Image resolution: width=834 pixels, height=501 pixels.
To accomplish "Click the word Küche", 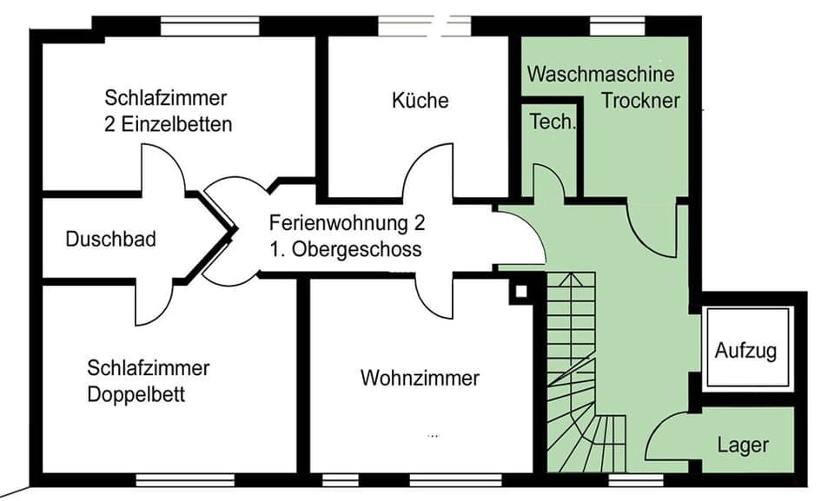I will pos(420,101).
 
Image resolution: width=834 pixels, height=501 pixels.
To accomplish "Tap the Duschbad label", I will pos(111,239).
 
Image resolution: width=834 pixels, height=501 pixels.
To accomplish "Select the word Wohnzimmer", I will pos(420,379).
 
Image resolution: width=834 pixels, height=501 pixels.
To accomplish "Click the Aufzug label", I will pos(745,352).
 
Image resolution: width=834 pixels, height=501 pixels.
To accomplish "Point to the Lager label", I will pos(743,445).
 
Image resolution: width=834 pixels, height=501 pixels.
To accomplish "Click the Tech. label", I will pos(553,122).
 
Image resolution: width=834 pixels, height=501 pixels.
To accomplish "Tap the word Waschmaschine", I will pos(600,74).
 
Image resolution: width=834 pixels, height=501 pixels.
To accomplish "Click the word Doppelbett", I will pos(136,395).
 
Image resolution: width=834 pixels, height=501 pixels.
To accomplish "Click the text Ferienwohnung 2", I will pos(347,223).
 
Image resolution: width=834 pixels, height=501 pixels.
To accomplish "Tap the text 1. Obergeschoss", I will pos(346,250).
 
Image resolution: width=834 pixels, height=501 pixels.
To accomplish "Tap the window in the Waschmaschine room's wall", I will pos(618,26).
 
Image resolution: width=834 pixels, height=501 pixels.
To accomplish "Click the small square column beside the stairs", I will pos(520,291).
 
